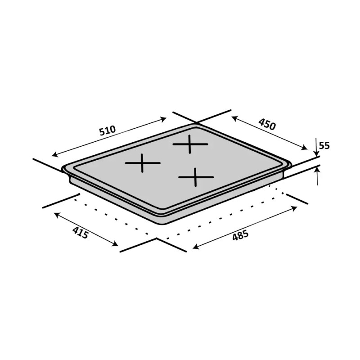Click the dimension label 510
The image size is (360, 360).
[x=107, y=130]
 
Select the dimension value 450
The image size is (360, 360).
[x=267, y=124]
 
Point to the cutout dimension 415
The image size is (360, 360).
[x=81, y=233]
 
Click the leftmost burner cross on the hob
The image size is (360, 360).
[x=143, y=163]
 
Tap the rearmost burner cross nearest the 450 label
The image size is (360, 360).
[x=190, y=144]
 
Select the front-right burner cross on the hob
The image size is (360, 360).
[x=195, y=177]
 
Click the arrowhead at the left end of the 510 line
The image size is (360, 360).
[x=54, y=154]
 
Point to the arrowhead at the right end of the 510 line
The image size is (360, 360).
[x=164, y=119]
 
